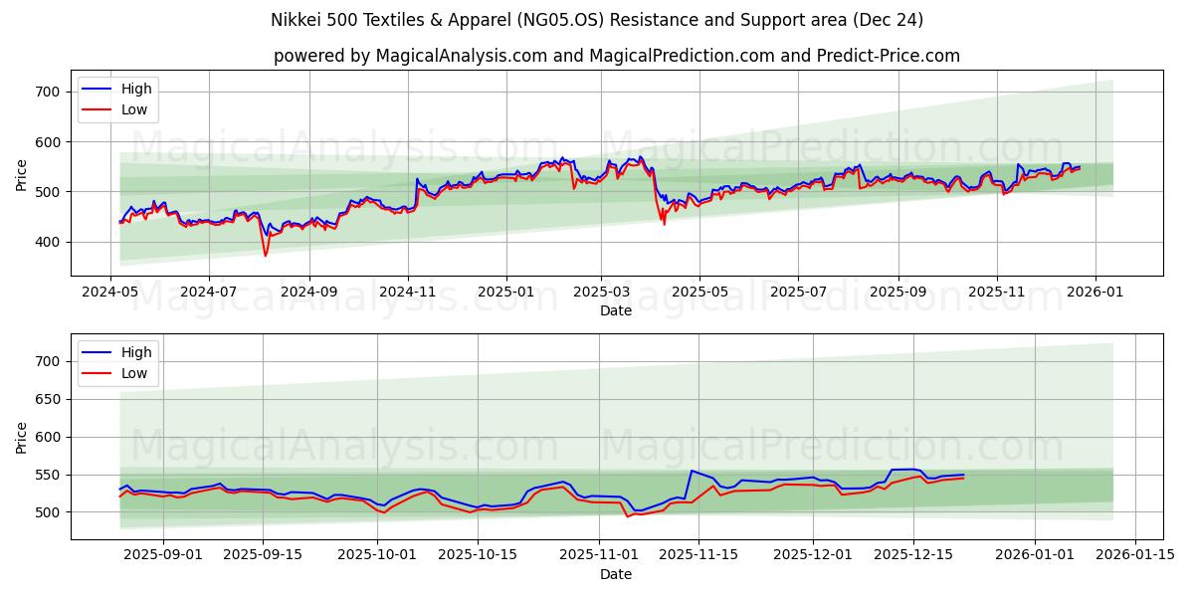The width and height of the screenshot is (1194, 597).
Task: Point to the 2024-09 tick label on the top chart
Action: point(307,294)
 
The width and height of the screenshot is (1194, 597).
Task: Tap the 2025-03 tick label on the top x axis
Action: point(601,294)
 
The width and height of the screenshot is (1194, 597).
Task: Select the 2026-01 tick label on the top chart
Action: point(1095,294)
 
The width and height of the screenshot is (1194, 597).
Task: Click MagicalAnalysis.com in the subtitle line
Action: point(461,56)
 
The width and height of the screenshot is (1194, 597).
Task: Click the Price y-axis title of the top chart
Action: point(22,175)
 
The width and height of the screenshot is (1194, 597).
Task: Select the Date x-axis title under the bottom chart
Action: point(616,574)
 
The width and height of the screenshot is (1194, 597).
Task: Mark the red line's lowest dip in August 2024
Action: point(266,256)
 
